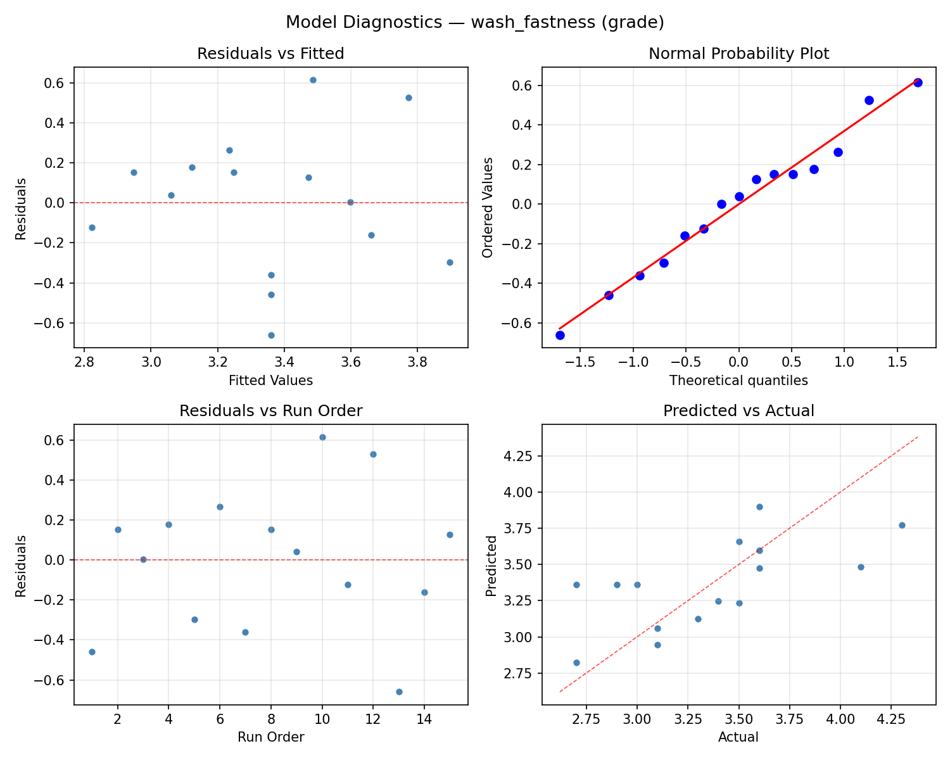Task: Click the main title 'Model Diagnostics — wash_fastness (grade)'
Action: coord(474,22)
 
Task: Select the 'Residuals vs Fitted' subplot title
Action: coord(270,54)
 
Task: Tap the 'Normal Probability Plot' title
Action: coord(738,54)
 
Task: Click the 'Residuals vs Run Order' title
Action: coord(270,411)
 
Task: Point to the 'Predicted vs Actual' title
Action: coord(738,411)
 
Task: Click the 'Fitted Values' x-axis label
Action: coord(270,381)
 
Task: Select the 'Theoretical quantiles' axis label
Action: coord(738,381)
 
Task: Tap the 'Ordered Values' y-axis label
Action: coord(487,207)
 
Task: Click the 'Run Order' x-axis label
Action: coord(270,737)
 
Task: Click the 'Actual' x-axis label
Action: coord(738,737)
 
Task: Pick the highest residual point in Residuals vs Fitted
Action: coord(313,80)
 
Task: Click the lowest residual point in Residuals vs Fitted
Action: coord(271,335)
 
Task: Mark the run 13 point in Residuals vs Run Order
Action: coord(399,692)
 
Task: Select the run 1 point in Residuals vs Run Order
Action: coord(92,652)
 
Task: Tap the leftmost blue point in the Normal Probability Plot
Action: coord(560,335)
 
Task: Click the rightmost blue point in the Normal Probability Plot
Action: coord(918,82)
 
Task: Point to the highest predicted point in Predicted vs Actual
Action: coord(759,507)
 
